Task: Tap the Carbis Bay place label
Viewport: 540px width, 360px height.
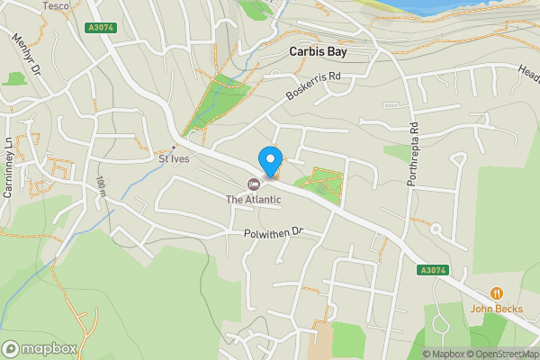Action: coord(318,52)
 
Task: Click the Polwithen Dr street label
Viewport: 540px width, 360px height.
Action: coord(274,233)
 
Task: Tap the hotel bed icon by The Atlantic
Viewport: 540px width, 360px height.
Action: coord(228,184)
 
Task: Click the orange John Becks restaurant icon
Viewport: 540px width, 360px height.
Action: coord(496,292)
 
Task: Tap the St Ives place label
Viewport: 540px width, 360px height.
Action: coord(176,160)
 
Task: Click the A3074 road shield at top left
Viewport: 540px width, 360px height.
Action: coord(102,29)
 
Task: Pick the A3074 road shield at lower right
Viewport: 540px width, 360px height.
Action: coord(432,270)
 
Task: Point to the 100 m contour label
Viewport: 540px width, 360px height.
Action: coord(102,186)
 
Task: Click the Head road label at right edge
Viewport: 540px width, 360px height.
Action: coord(527,69)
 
